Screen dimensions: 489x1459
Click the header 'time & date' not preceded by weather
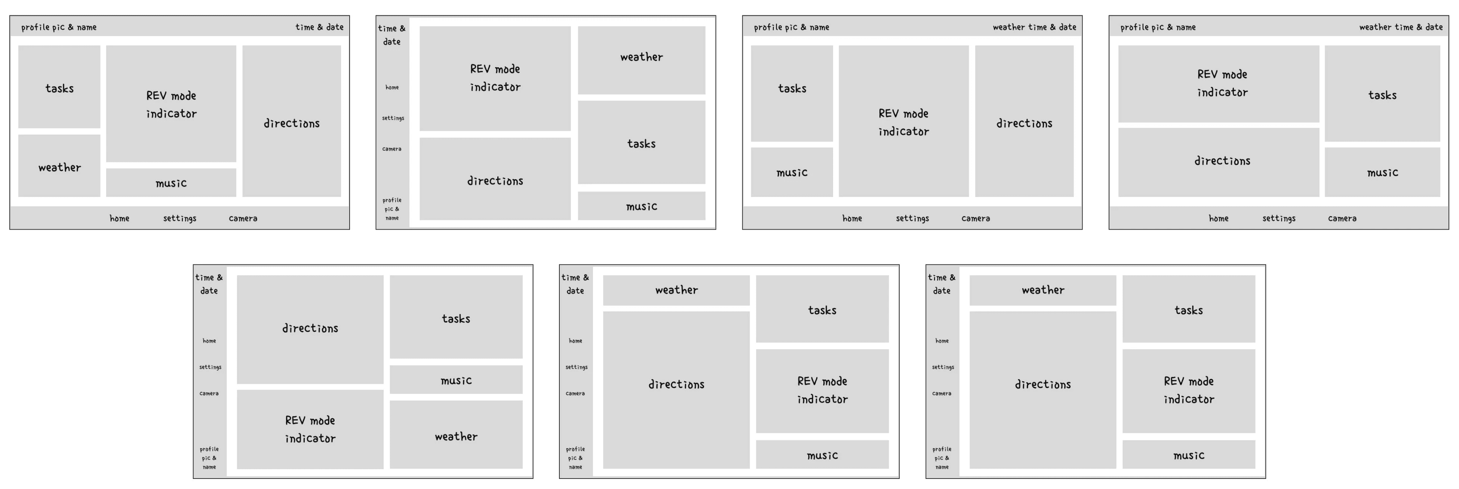point(319,27)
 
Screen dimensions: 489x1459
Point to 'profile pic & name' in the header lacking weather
point(59,27)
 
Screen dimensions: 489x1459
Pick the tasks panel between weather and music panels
point(641,143)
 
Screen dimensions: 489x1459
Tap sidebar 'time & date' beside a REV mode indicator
point(391,34)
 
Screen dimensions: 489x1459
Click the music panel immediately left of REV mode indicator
point(792,172)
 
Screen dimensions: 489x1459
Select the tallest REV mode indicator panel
point(903,121)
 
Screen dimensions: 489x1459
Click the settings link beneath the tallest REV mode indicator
point(912,218)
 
